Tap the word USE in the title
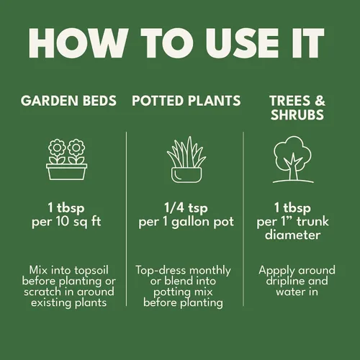(242, 43)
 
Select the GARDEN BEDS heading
(68, 101)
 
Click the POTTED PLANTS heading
(186, 101)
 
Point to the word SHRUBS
(297, 114)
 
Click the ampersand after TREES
(320, 101)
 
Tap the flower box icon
(66, 160)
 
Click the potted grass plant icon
(186, 160)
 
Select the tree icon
(293, 160)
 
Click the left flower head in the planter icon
(57, 148)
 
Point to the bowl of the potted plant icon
(186, 175)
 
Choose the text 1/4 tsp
(186, 208)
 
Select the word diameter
(292, 235)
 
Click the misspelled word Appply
(276, 271)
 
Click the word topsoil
(91, 271)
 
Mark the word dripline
(280, 282)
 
